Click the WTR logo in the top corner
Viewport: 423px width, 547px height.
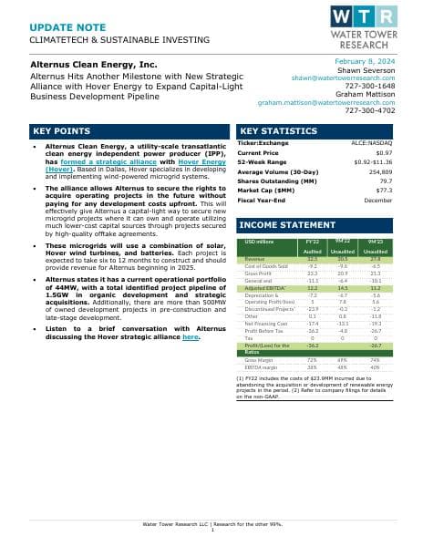[364, 28]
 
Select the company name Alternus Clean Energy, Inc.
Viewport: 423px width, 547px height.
[95, 66]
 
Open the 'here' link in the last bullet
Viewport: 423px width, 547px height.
[191, 337]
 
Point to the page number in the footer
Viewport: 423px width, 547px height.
[211, 530]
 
